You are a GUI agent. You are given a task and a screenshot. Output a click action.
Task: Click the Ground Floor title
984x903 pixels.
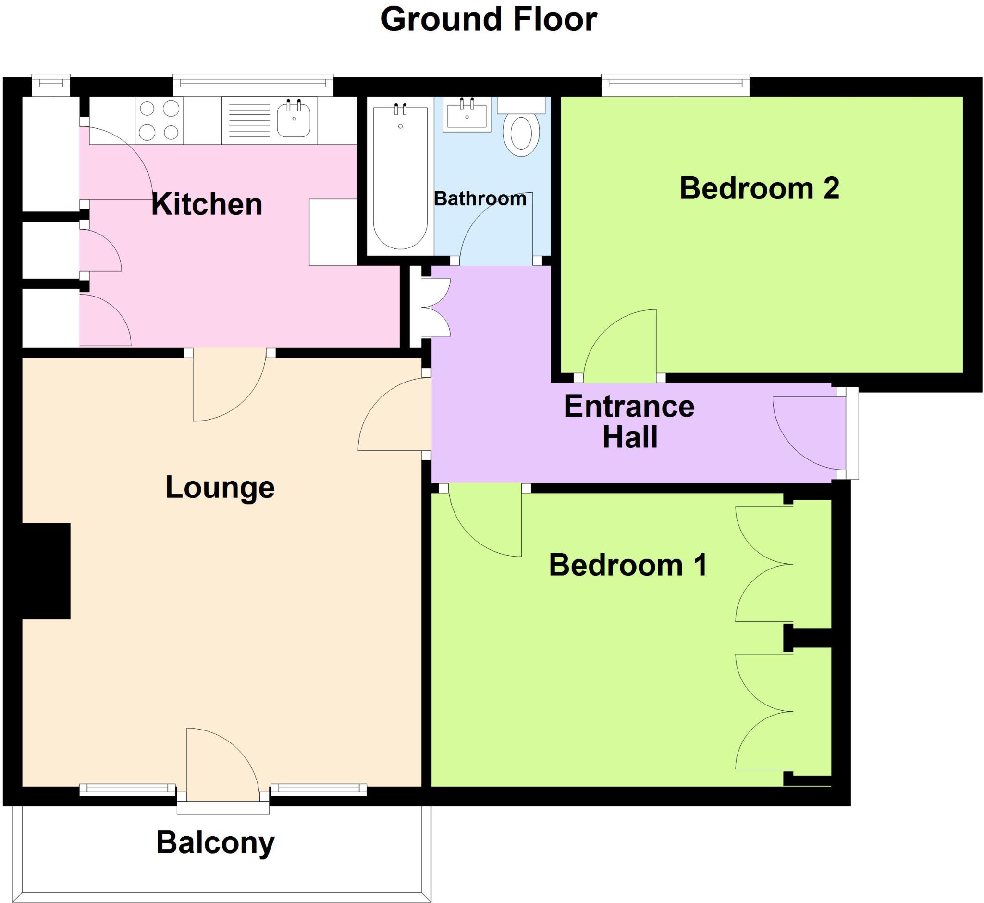tap(488, 20)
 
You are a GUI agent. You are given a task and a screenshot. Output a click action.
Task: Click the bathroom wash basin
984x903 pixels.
tap(467, 114)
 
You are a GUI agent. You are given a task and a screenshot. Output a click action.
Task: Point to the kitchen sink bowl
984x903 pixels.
tap(294, 120)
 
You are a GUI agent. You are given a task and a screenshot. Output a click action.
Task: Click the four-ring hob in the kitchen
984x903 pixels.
tap(159, 120)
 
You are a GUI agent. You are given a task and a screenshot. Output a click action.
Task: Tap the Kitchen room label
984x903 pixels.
tap(207, 204)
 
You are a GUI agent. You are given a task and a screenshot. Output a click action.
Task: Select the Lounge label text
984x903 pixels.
tap(220, 487)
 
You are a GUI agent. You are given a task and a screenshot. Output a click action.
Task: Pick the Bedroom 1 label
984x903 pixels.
tap(628, 565)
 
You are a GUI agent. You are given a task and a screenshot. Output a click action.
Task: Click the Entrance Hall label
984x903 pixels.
tap(629, 421)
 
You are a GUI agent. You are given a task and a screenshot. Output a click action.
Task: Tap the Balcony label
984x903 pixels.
tap(215, 842)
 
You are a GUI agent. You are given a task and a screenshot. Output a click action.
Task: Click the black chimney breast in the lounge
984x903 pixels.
tap(46, 571)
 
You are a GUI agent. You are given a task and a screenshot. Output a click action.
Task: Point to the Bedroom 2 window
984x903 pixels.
tap(675, 86)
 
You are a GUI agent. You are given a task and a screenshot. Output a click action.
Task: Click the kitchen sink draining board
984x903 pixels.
tap(248, 120)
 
